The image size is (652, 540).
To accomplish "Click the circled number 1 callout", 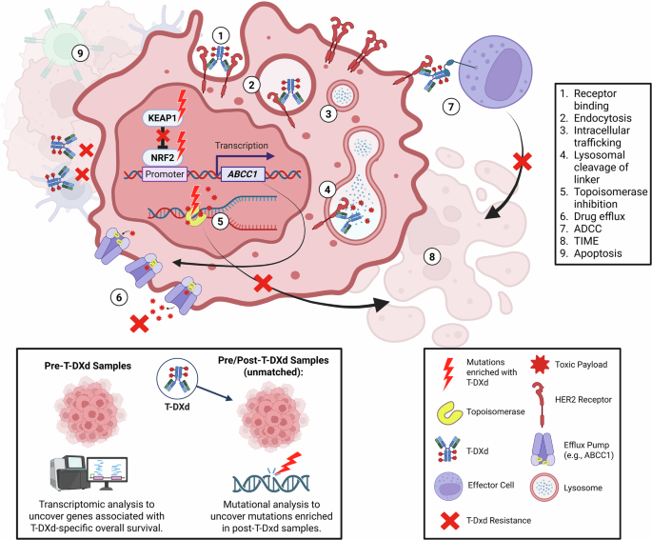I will (x=221, y=36).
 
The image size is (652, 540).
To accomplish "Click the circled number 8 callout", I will (x=432, y=255).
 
